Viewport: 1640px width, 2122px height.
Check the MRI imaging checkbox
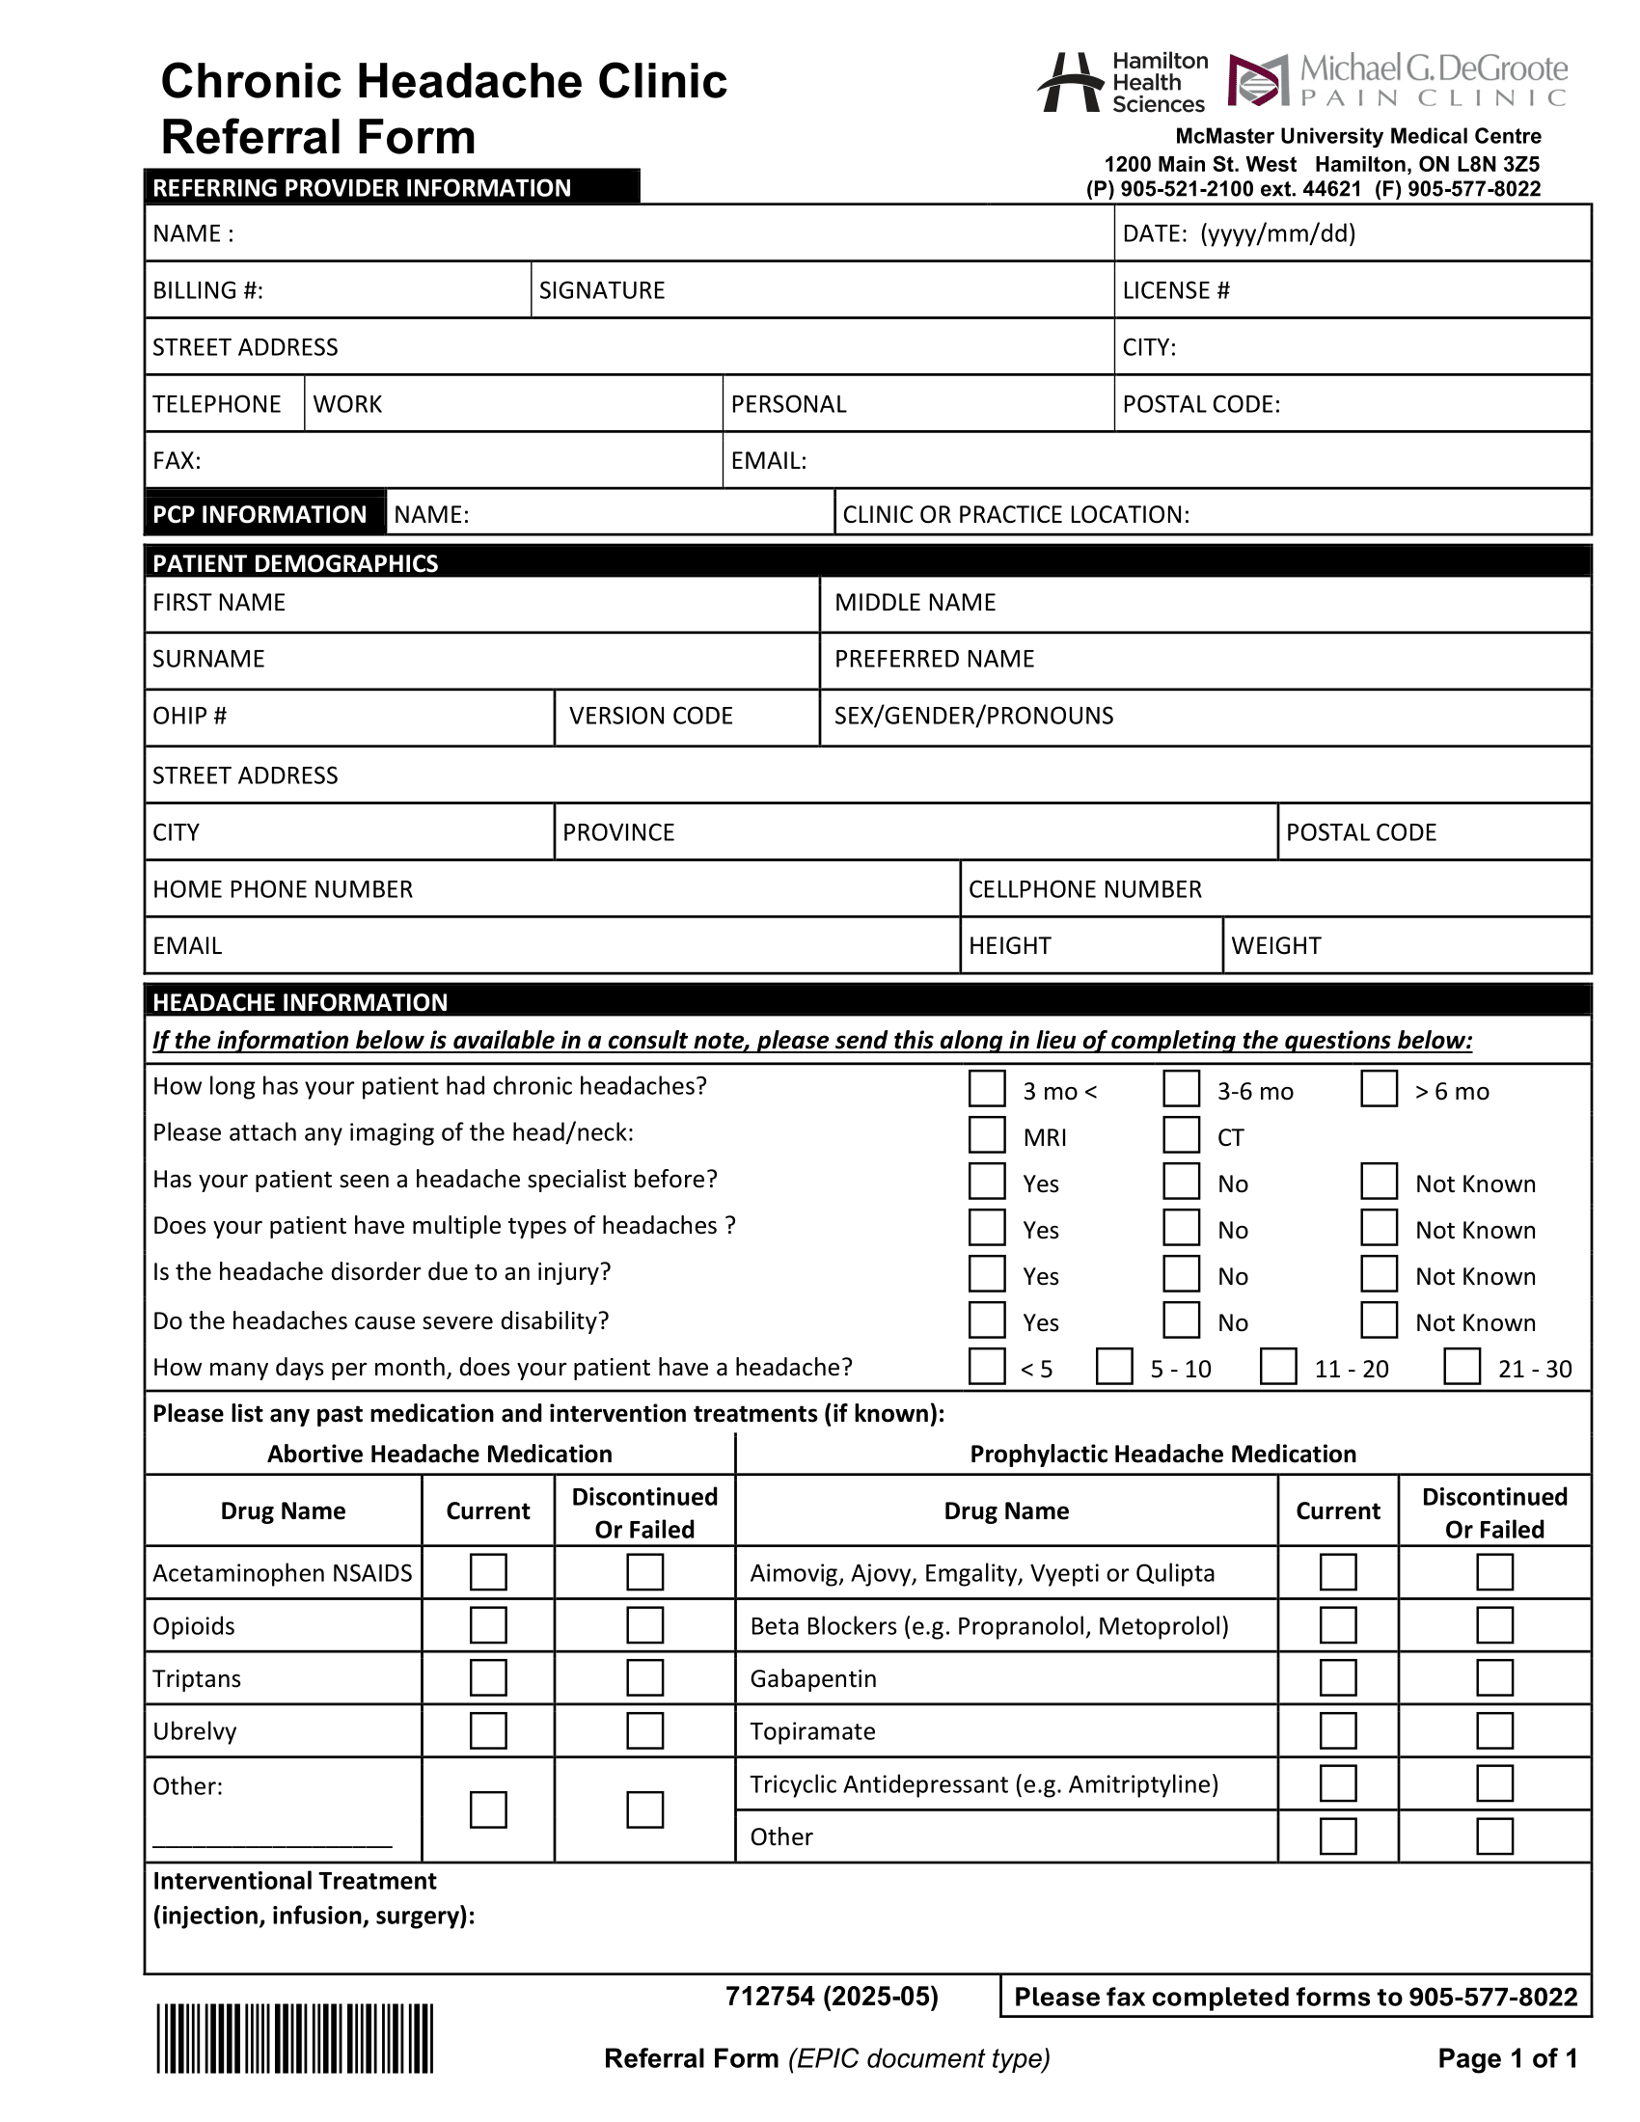(986, 1135)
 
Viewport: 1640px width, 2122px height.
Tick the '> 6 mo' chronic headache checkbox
(1379, 1088)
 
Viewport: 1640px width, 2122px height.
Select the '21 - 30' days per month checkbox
(1462, 1366)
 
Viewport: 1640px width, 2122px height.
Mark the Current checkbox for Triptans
(488, 1678)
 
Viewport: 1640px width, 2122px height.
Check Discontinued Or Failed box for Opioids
(644, 1625)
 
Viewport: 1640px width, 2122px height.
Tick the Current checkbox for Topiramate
(1338, 1730)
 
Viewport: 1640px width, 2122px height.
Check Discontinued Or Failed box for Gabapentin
(1494, 1678)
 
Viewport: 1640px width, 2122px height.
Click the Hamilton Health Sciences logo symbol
(1071, 83)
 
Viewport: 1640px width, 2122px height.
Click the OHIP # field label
(189, 716)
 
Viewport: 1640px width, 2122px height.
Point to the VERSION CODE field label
(650, 716)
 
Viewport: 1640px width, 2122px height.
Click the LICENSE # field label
(1176, 290)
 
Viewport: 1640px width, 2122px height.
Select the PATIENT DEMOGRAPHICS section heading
(295, 563)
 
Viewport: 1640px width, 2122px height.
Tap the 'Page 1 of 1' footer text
(1507, 2058)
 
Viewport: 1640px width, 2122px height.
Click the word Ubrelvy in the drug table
(194, 1731)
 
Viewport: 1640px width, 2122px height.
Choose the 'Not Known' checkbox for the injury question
(1379, 1274)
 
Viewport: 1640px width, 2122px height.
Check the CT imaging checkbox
(1182, 1135)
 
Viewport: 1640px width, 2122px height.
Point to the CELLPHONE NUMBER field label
(1084, 889)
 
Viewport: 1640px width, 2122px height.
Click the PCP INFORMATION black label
(260, 514)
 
